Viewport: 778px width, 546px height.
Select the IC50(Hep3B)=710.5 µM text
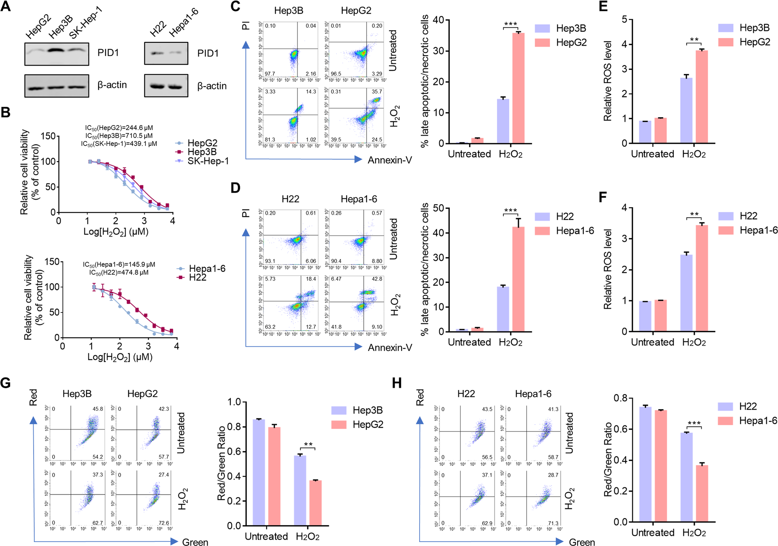coord(119,136)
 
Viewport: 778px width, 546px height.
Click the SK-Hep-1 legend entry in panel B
coord(208,161)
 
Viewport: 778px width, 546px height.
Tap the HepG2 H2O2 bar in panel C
coord(518,89)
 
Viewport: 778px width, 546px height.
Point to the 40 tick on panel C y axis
coord(438,20)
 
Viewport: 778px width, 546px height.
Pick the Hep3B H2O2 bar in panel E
coord(686,111)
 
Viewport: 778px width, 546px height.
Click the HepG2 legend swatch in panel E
coord(726,42)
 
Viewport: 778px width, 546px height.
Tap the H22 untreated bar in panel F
coord(645,316)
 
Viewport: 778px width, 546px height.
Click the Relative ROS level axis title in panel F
coord(608,269)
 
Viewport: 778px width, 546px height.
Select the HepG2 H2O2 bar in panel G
coord(315,503)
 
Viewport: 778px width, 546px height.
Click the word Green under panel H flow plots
coord(582,542)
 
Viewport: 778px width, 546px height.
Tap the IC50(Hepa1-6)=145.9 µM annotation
coord(119,264)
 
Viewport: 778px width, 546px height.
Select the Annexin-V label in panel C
coord(390,160)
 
